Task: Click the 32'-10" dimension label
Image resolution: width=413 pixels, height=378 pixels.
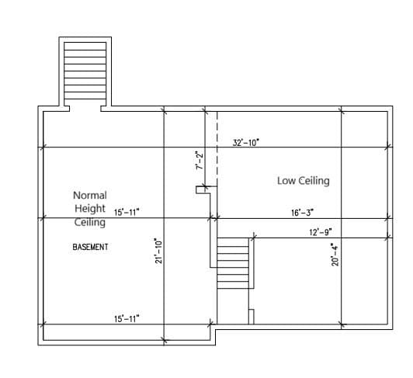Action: coord(246,143)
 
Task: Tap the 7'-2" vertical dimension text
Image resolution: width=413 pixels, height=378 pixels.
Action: coord(200,161)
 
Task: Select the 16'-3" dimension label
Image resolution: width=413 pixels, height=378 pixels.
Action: coord(303,213)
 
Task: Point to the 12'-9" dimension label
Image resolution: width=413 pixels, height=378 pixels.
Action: coord(321,232)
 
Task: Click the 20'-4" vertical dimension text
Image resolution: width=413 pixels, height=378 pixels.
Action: coord(335,255)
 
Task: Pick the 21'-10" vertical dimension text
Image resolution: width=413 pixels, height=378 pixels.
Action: coord(159,251)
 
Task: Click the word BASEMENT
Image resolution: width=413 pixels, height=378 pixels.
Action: coord(90,247)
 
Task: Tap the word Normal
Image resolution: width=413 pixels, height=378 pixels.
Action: coord(90,195)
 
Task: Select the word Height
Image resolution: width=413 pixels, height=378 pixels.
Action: coord(90,208)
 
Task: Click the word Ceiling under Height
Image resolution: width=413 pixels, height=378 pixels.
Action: coord(90,222)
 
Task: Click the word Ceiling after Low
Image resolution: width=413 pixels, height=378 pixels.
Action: coord(314,181)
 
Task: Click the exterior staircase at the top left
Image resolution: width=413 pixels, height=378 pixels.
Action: coord(85,71)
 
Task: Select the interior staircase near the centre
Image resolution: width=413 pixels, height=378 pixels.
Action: coord(233,263)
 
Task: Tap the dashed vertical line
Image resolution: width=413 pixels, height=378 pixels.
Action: coord(217,148)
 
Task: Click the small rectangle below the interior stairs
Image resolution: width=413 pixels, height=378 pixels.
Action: coord(252,317)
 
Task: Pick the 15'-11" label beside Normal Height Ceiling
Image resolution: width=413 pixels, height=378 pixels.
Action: coord(127,212)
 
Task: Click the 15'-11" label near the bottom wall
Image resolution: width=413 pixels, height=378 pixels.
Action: coord(127,319)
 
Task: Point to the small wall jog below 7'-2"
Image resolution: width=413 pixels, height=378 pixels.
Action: coord(203,190)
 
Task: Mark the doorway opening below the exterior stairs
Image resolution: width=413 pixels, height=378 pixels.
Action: coord(85,109)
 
